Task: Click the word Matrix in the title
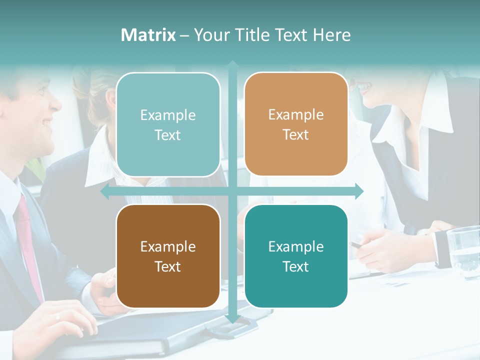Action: click(x=148, y=35)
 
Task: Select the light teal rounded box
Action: click(x=168, y=124)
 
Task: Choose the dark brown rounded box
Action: click(x=168, y=256)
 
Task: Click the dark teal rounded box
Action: click(x=296, y=256)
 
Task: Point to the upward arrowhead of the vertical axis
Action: click(x=232, y=64)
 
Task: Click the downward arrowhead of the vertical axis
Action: click(x=232, y=318)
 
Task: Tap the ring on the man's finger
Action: click(x=57, y=316)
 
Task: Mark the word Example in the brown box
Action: click(x=168, y=246)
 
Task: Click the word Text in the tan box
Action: click(x=296, y=135)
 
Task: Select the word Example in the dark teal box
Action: click(x=296, y=246)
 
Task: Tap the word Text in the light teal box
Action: click(x=168, y=135)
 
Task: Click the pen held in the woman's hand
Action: click(x=356, y=245)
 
